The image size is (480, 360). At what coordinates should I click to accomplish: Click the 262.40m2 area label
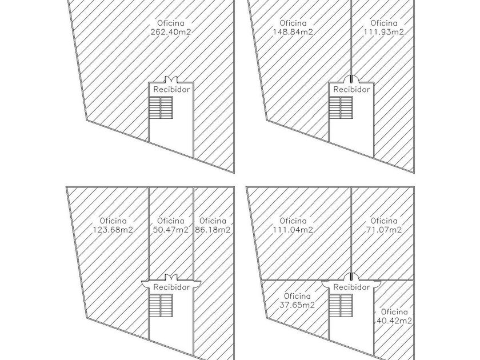pos(171,33)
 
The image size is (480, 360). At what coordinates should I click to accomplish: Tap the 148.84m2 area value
pos(292,33)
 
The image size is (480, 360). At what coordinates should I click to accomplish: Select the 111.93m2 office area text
pos(383,33)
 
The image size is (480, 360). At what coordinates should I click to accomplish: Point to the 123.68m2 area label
pos(113,230)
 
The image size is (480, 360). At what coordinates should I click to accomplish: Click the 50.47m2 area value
pos(171,230)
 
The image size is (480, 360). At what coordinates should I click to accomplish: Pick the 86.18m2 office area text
pos(213,230)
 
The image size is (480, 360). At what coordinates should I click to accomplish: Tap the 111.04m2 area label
pos(293,230)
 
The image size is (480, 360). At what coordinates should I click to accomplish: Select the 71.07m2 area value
pos(383,230)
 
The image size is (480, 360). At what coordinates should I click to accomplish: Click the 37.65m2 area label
pos(297,305)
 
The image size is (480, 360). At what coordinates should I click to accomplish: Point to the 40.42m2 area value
pos(394,321)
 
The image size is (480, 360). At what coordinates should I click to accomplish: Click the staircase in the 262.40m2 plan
pos(161,107)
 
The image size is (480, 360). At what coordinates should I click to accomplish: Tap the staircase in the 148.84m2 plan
pos(341,107)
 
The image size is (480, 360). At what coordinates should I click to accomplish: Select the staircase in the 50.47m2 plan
pos(161,305)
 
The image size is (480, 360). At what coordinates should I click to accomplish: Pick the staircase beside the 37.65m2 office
pos(341,305)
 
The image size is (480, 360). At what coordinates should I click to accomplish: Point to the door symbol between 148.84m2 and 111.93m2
pos(351,79)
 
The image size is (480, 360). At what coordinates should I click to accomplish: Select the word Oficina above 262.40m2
pos(171,23)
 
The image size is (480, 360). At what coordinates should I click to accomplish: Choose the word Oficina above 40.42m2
pos(394,312)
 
